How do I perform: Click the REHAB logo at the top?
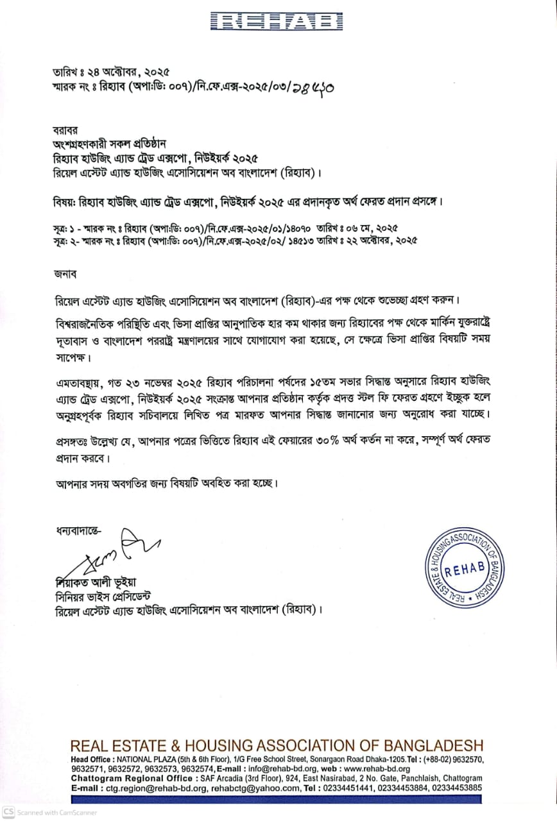[x=278, y=21]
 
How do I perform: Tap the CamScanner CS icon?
[x=8, y=812]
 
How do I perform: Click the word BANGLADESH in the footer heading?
[x=433, y=746]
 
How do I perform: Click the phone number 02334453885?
[x=454, y=788]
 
